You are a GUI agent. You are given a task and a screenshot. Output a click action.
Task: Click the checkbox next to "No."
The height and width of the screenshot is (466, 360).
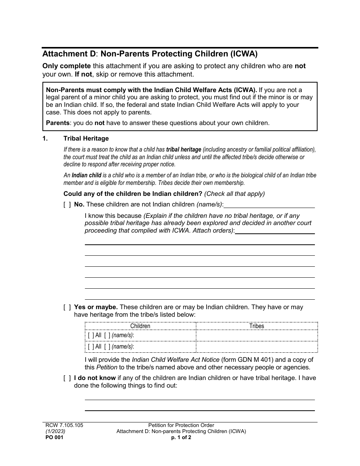67,205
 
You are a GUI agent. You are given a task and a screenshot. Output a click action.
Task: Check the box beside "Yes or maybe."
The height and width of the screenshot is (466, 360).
67,307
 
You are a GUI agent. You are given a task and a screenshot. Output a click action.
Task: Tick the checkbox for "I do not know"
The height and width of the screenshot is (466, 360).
67,378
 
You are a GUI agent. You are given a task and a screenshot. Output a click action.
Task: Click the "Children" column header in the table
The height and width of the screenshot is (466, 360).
140,326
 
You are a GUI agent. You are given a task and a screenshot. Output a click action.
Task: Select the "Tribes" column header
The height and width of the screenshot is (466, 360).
257,326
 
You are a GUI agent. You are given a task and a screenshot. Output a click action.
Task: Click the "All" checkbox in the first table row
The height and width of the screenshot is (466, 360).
91,335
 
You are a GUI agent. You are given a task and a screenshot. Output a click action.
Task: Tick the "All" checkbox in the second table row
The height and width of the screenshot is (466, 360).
91,347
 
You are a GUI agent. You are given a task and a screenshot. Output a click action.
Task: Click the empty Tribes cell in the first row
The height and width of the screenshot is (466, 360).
257,335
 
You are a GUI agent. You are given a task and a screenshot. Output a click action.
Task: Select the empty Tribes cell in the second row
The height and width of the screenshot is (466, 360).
257,347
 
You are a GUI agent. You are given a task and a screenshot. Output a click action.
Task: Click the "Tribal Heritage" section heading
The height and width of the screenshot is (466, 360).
86,139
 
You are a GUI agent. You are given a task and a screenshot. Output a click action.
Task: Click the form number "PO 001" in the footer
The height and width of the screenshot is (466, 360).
53,437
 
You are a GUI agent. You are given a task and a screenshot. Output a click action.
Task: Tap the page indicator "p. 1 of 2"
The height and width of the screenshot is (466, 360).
181,437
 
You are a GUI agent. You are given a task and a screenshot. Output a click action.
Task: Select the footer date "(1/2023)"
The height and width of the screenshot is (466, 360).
55,431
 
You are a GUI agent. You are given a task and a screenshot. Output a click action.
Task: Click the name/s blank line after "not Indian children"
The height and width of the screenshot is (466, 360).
269,205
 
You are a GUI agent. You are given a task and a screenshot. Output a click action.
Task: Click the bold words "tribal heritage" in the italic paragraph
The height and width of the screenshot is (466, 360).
184,149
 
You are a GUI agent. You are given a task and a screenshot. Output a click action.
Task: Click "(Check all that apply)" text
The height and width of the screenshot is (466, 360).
235,194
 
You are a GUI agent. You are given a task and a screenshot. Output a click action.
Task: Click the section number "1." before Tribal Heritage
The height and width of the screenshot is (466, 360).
45,139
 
